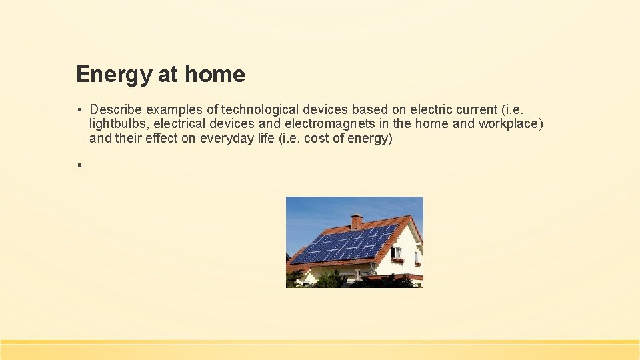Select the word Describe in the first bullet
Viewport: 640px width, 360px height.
point(116,109)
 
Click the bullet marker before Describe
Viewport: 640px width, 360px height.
point(79,109)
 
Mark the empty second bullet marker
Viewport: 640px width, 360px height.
point(79,164)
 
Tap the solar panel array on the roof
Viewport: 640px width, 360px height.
point(343,244)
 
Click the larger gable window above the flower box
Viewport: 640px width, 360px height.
point(396,252)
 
